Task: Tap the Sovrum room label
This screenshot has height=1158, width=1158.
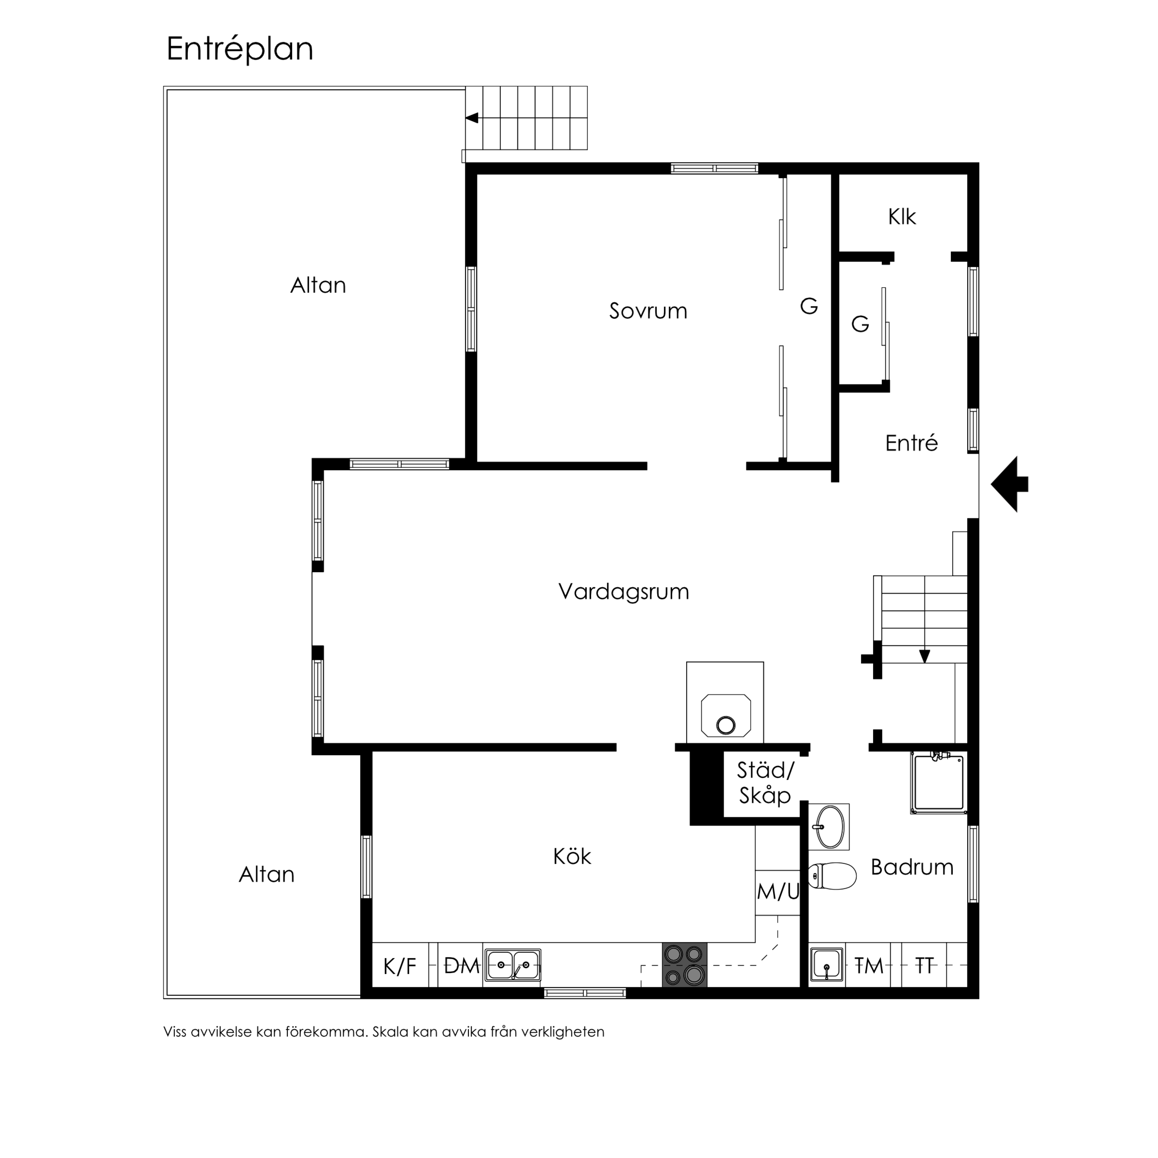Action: coord(648,311)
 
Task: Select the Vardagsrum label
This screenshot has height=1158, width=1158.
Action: coord(623,592)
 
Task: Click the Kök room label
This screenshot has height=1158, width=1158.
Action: coord(572,857)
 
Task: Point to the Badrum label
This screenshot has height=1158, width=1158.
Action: coord(911,867)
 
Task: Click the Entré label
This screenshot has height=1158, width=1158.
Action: coord(911,443)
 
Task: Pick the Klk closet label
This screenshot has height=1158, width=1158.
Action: coord(902,217)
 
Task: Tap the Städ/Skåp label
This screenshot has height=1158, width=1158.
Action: coord(765,783)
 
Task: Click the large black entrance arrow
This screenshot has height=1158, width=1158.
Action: coord(1010,484)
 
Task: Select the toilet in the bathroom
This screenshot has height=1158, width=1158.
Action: coord(832,876)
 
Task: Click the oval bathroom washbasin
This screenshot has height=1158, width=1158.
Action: coord(829,827)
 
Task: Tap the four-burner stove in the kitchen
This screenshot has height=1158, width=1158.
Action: coord(684,964)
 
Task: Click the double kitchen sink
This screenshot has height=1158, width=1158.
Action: coord(513,965)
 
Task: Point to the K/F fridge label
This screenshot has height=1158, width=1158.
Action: coord(400,966)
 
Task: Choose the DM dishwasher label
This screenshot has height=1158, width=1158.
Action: coord(462,966)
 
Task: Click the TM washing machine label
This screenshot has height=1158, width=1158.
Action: coord(869,966)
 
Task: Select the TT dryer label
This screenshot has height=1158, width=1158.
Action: coord(925,966)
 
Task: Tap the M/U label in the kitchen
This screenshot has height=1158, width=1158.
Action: coord(778,893)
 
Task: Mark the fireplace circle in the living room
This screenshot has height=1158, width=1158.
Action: coord(727,725)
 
